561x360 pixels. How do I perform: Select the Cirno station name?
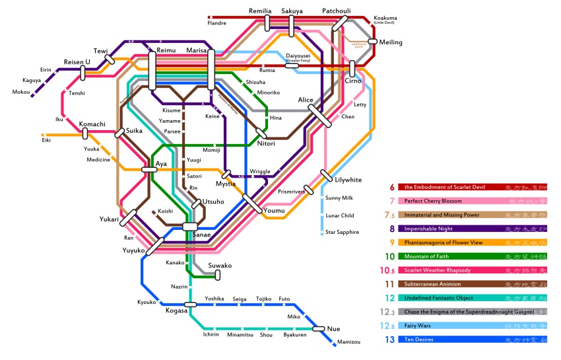click(353, 81)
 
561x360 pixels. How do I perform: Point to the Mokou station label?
click(21, 92)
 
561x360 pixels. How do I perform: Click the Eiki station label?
click(46, 140)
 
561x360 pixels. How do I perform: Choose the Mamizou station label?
click(348, 342)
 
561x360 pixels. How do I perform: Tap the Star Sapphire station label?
click(343, 233)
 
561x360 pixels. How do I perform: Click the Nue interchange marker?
click(317, 328)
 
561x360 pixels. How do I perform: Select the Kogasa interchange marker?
click(191, 305)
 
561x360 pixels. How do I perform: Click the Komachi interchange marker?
click(85, 134)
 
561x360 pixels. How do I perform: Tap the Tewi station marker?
click(110, 59)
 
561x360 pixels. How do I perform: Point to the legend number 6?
click(392, 188)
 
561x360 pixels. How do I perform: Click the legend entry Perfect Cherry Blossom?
click(432, 201)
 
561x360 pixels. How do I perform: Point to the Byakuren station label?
click(294, 335)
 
